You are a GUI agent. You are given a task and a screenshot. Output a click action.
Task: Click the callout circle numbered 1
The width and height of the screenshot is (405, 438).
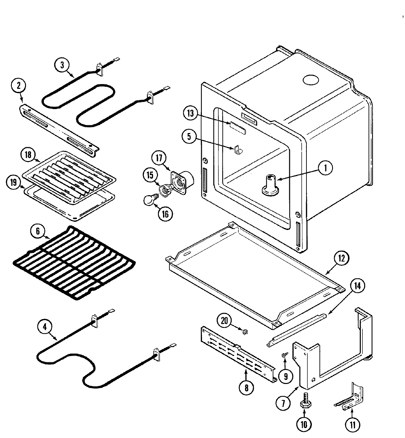click(x=325, y=168)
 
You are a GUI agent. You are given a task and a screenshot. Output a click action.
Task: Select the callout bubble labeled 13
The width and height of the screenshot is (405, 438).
click(x=191, y=113)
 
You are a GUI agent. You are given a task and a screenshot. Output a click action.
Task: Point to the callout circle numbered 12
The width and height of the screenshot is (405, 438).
click(x=341, y=259)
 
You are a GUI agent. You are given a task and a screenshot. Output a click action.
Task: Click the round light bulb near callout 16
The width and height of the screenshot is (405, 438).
click(x=148, y=201)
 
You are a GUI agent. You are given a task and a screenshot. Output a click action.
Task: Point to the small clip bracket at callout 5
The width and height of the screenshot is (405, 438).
click(x=238, y=150)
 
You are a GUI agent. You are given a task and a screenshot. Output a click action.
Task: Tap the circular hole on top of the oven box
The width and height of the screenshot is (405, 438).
click(x=310, y=80)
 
